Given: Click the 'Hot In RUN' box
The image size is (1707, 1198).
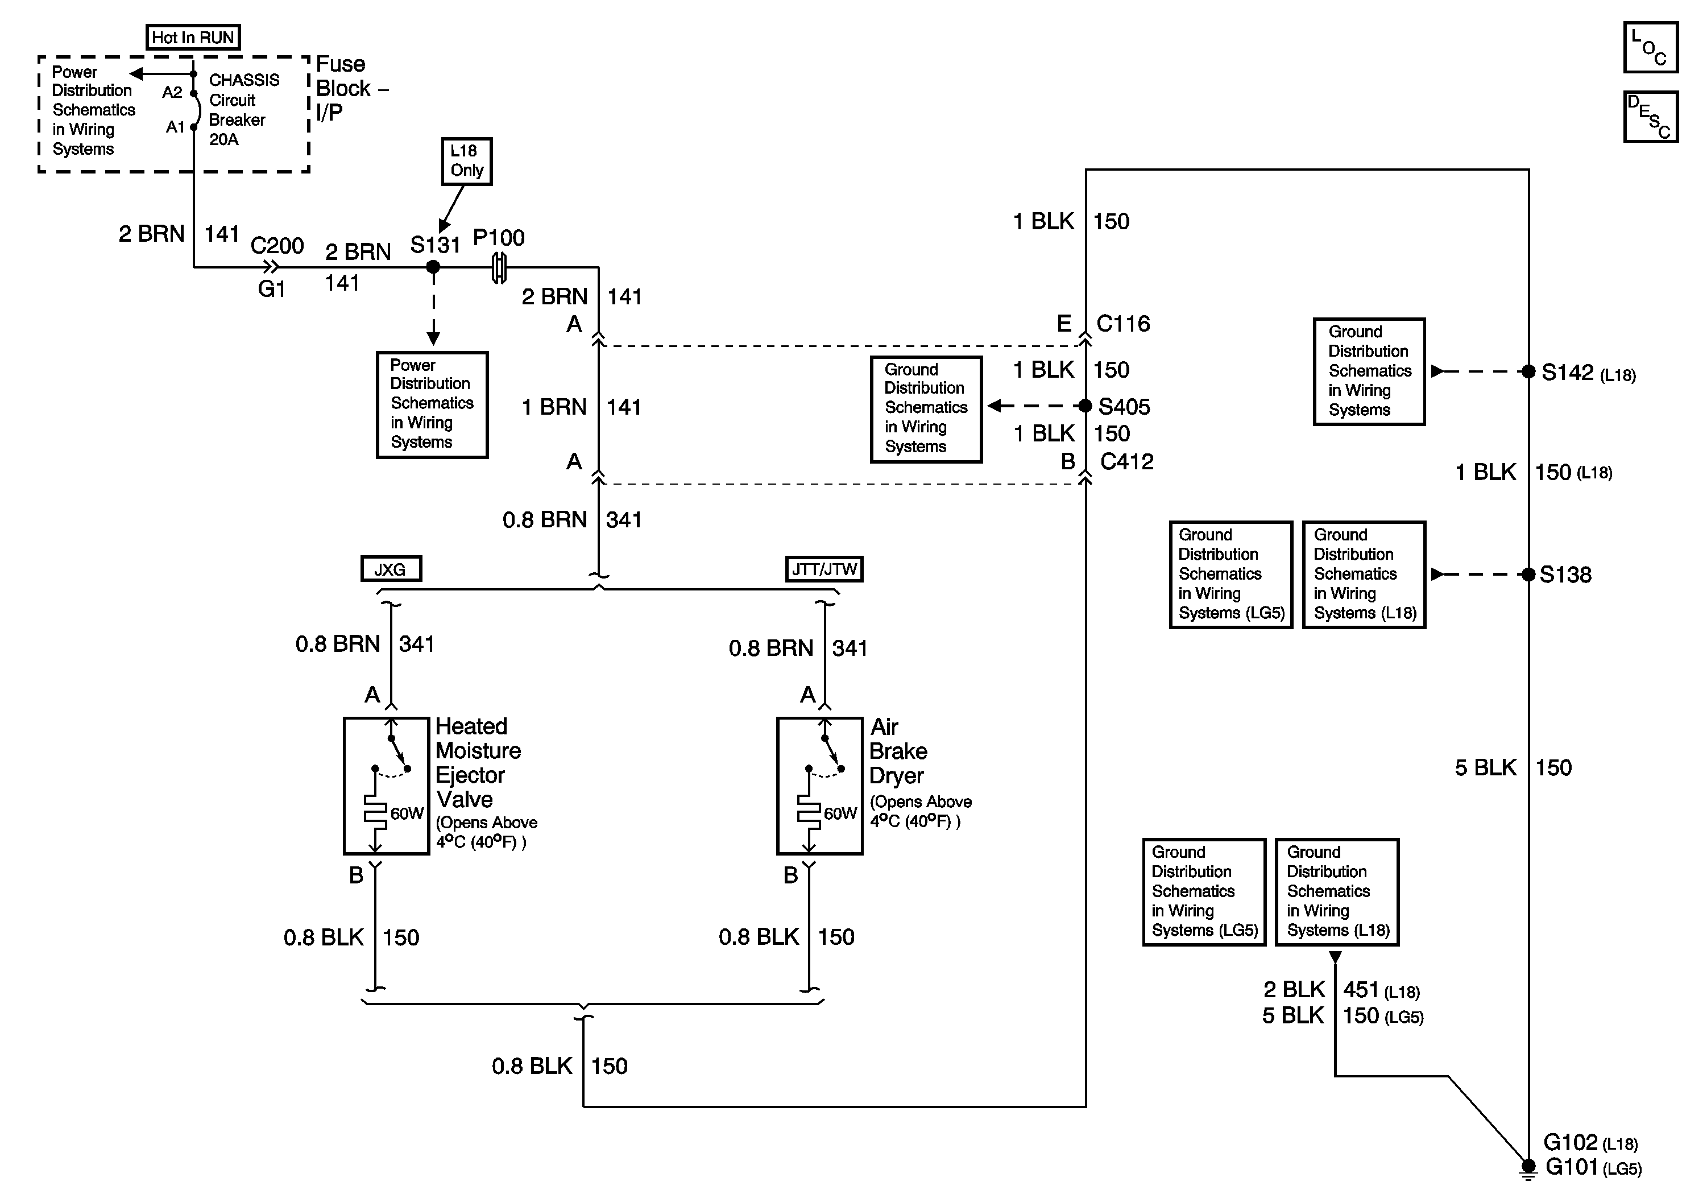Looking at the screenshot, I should coord(193,37).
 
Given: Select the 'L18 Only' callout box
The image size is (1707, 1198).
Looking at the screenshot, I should coord(466,160).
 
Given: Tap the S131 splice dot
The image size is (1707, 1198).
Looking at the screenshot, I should coord(433,267).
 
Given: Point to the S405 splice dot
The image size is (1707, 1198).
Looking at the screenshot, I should coord(1085,406).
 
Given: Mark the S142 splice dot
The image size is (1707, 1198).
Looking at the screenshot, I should coord(1528,372).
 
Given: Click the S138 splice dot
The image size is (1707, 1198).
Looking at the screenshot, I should coord(1528,574).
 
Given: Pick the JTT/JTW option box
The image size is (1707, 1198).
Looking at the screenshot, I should coord(824,569).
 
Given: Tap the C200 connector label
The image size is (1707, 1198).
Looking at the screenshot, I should coord(276,246).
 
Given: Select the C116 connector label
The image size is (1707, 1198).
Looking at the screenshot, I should coord(1122,324).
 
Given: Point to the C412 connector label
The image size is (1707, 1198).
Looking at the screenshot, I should coord(1126,462).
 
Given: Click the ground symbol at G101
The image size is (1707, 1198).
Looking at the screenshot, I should coord(1528,1170).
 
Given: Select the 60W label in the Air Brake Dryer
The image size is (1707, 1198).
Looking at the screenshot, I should coord(840,813).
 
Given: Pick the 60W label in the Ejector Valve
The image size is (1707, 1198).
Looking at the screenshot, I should coord(407,813).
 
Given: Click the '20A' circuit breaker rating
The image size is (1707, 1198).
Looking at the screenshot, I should coord(224,140).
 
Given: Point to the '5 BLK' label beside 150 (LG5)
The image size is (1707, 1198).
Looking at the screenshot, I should coord(1293,1016).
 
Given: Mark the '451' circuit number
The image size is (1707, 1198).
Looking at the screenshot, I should coord(1361,990).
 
